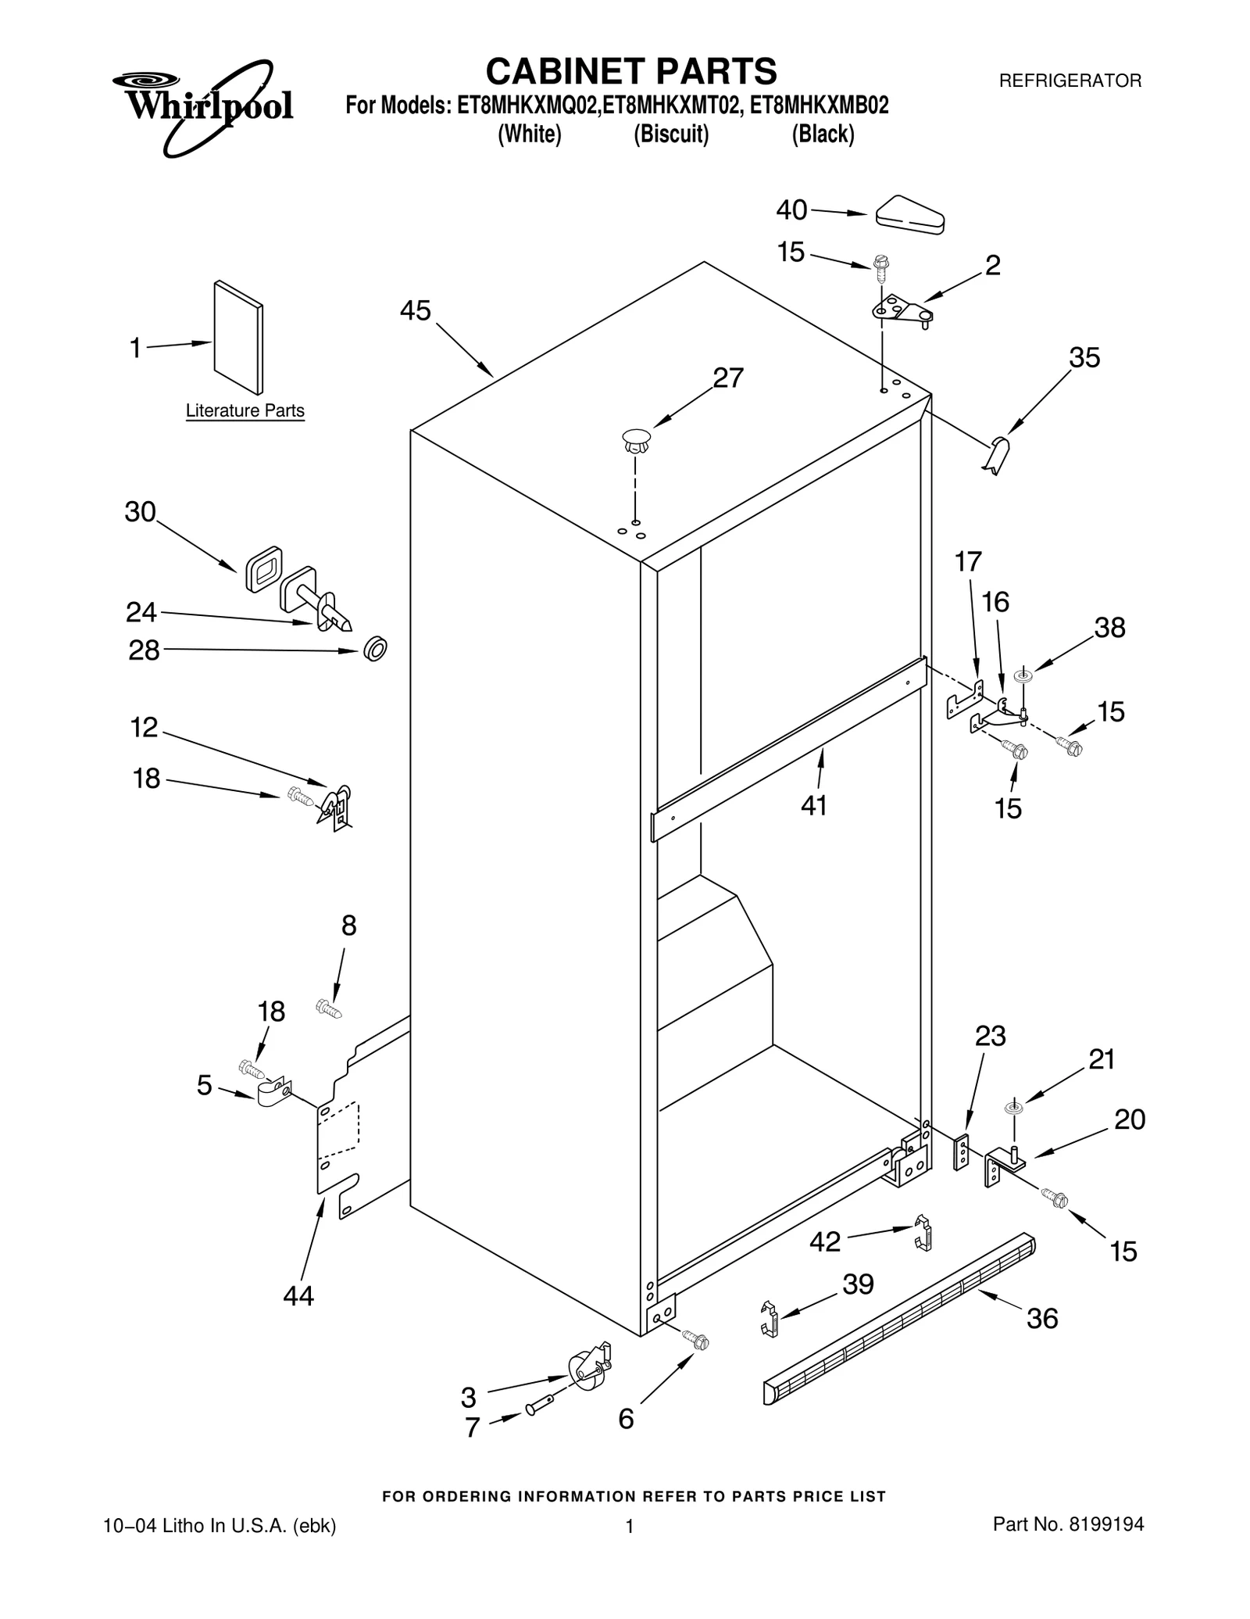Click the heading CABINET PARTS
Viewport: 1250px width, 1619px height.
click(x=630, y=71)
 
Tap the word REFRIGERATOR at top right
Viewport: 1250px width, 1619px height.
click(x=1070, y=81)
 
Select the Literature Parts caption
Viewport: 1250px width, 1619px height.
click(x=245, y=410)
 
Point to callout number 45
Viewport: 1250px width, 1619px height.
click(x=415, y=311)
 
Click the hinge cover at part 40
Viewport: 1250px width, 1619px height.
click(x=910, y=214)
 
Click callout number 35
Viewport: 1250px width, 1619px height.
click(x=1084, y=357)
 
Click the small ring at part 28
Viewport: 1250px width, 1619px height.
click(x=375, y=649)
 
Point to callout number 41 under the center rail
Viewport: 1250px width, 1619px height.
click(x=813, y=805)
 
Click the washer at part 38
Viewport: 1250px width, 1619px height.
click(x=1022, y=675)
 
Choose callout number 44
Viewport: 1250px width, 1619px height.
click(x=298, y=1296)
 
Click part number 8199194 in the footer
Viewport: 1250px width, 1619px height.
click(x=1105, y=1524)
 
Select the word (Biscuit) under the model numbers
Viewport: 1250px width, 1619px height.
click(x=671, y=134)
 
